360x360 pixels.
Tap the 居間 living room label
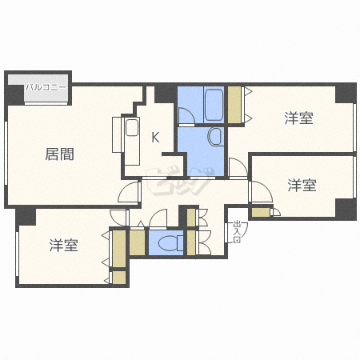(x=59, y=154)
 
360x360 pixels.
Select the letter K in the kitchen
(x=155, y=137)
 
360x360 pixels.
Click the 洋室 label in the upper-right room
(x=298, y=118)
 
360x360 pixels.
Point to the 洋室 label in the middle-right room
(x=302, y=186)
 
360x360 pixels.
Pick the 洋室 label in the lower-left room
(x=62, y=246)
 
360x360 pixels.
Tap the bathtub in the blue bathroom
(x=213, y=102)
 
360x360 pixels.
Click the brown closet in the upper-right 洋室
(x=234, y=103)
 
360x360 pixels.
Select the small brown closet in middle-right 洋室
(x=261, y=213)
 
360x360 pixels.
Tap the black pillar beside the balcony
(x=14, y=94)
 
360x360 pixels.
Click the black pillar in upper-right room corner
(x=345, y=93)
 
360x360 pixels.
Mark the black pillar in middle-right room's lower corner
(x=345, y=210)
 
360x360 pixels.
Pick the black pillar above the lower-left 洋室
(x=26, y=217)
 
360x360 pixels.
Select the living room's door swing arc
(x=129, y=192)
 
